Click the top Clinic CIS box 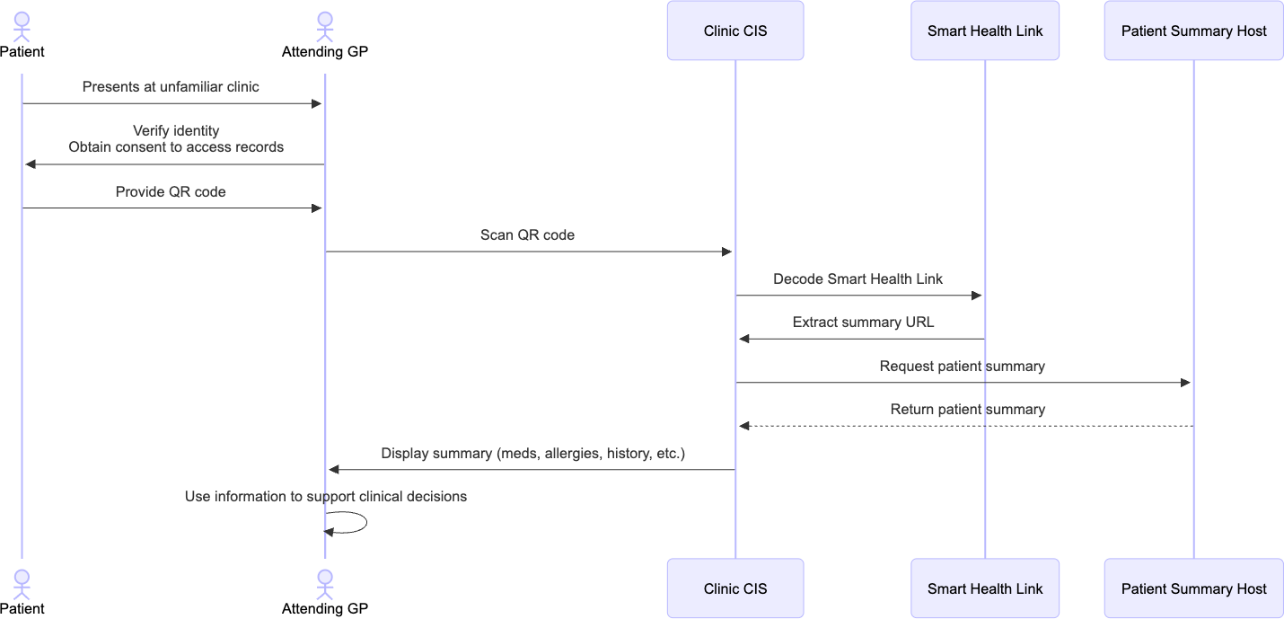click(734, 31)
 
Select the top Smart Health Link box click(984, 31)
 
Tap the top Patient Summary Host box click(1193, 31)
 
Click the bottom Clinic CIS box click(734, 588)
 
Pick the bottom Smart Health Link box click(984, 588)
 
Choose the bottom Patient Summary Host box click(1193, 588)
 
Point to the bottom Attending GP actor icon click(324, 583)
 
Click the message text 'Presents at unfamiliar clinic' click(171, 87)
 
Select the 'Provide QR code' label click(171, 191)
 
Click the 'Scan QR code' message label click(527, 235)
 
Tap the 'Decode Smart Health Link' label click(857, 279)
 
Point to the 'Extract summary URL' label click(863, 322)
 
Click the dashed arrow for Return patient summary click(965, 426)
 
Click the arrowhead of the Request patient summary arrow click(1185, 383)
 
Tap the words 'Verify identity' click(176, 131)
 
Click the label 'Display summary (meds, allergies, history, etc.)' click(532, 453)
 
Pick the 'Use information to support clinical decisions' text click(325, 496)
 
